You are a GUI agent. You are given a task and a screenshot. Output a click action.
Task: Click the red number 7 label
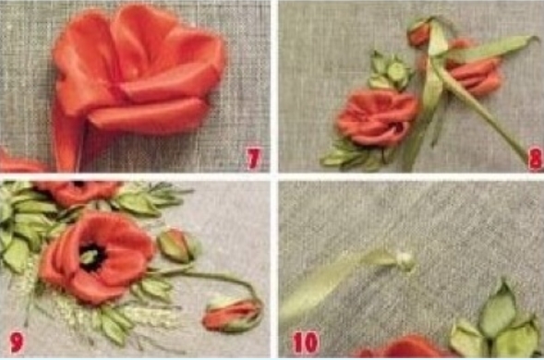pos(254,159)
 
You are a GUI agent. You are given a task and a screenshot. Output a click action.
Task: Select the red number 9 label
pos(17,342)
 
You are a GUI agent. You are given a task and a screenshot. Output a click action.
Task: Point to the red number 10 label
pos(306,342)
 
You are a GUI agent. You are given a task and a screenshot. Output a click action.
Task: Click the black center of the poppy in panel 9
pos(93,257)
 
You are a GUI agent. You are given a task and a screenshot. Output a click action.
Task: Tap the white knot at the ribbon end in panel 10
pos(405,258)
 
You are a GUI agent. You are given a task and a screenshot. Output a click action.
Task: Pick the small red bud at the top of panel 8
pos(418,34)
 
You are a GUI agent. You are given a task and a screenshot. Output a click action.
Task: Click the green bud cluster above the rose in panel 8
pos(391,71)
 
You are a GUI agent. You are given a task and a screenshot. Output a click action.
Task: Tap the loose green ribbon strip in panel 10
pos(333,282)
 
